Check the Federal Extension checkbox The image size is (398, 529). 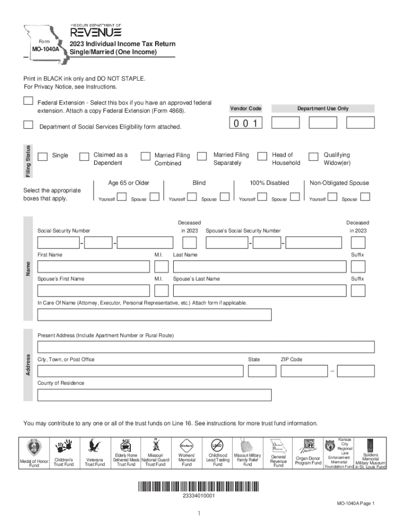(x=29, y=101)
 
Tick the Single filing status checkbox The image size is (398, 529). (x=43, y=157)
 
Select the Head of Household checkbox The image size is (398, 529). (x=262, y=157)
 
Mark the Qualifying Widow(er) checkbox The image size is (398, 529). (x=313, y=157)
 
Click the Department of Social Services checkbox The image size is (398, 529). (x=29, y=125)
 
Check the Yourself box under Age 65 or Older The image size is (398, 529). (x=122, y=197)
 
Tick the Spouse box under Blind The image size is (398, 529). (x=225, y=197)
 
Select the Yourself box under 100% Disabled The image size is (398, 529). (x=262, y=197)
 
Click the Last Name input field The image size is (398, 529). (x=259, y=267)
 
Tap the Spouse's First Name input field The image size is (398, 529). (x=94, y=290)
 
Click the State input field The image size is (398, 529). (x=262, y=371)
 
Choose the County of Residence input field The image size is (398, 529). (x=154, y=395)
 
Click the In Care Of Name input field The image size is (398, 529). (x=154, y=315)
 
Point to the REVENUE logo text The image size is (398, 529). (x=96, y=33)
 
